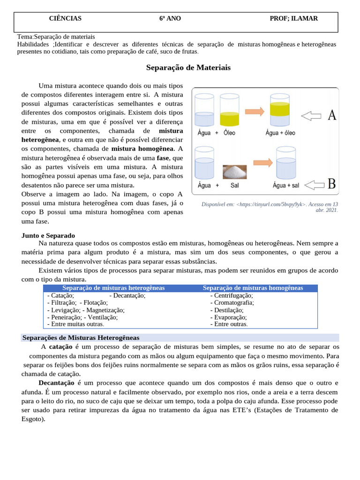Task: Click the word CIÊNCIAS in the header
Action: coord(65,19)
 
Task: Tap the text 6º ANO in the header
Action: coord(170,19)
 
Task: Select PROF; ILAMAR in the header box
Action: coord(294,19)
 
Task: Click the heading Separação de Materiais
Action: coord(188,68)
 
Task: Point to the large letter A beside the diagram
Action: coord(332,116)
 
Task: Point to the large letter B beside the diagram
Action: coord(331,184)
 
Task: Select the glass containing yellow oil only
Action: coord(229,111)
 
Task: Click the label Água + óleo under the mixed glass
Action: coord(280,133)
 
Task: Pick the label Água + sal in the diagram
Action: coord(285,186)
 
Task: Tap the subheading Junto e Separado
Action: coord(48,235)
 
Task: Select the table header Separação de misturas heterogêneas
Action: coord(113,288)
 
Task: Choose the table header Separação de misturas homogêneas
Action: coord(253,288)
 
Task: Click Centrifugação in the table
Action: coord(233,296)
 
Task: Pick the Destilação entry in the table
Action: coord(229,310)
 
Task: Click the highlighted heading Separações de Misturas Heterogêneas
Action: coord(81,338)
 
